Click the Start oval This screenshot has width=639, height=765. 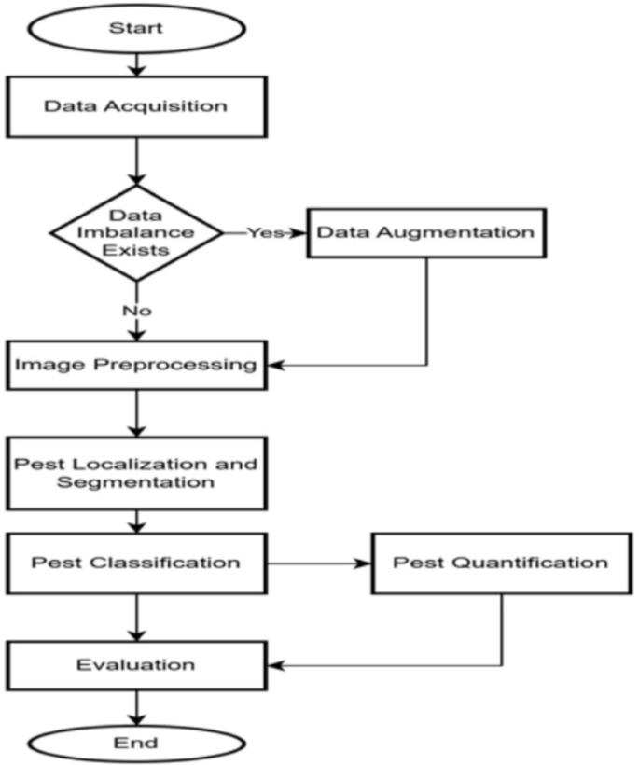136,27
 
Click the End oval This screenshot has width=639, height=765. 136,743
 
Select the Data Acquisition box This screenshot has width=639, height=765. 136,105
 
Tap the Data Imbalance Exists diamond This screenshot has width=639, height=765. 136,232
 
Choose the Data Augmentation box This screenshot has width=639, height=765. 426,231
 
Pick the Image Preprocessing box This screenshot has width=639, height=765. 136,364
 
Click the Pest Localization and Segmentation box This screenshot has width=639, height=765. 136,473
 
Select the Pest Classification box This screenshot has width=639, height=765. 136,563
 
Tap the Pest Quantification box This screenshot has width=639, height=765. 501,563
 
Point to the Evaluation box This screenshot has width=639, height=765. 136,665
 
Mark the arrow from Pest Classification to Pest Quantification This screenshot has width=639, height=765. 317,563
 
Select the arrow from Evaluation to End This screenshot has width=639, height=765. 137,705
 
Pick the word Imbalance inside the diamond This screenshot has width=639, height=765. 136,232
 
